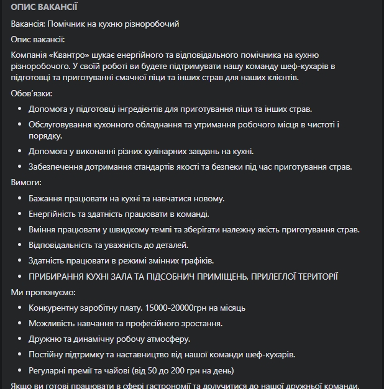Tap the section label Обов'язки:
(32, 94)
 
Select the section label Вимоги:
(27, 183)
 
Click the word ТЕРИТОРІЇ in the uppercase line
(309, 277)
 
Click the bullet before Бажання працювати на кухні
(19, 199)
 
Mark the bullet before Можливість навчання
(19, 324)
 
